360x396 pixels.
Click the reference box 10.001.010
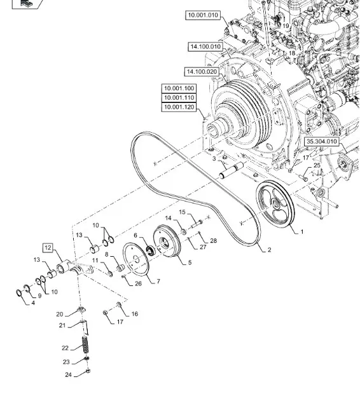click(x=203, y=15)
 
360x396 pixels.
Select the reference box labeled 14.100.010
click(x=205, y=47)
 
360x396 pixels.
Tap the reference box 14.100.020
click(x=202, y=72)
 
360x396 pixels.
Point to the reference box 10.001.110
click(x=179, y=98)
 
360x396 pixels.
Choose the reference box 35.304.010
click(x=322, y=141)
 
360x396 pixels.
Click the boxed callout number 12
click(x=48, y=248)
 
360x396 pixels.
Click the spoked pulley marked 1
click(x=275, y=204)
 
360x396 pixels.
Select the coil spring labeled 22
click(x=86, y=345)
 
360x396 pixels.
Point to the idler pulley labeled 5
click(x=167, y=241)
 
